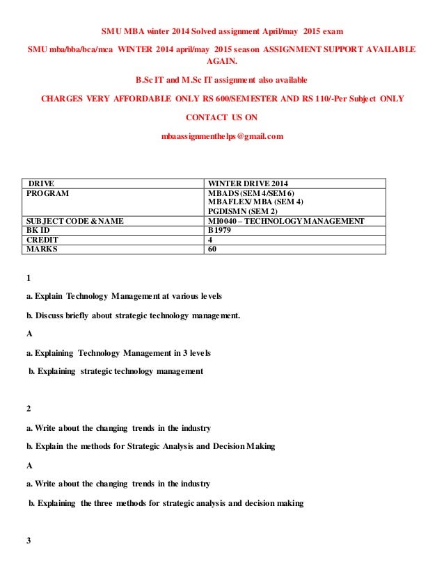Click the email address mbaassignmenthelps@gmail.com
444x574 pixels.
point(222,136)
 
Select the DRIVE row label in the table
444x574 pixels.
point(41,183)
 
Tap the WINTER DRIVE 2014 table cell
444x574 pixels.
point(248,183)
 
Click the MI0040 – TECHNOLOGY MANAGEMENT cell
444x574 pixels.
point(286,221)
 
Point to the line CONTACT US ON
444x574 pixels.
point(222,117)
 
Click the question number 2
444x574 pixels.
point(29,409)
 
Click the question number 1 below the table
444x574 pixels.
point(29,279)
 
